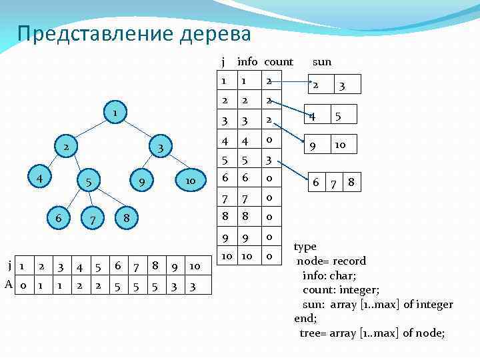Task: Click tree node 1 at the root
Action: [x=115, y=113]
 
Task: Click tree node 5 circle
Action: [x=89, y=181]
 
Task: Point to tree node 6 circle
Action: [x=59, y=218]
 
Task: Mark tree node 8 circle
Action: [x=126, y=218]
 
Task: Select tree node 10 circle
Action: [x=189, y=181]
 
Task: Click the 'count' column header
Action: [x=278, y=62]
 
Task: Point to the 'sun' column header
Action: [x=322, y=62]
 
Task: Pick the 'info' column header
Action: [x=247, y=62]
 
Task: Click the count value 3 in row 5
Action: [x=268, y=161]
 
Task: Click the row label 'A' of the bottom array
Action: [x=9, y=285]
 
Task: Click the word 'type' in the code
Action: [x=305, y=247]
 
